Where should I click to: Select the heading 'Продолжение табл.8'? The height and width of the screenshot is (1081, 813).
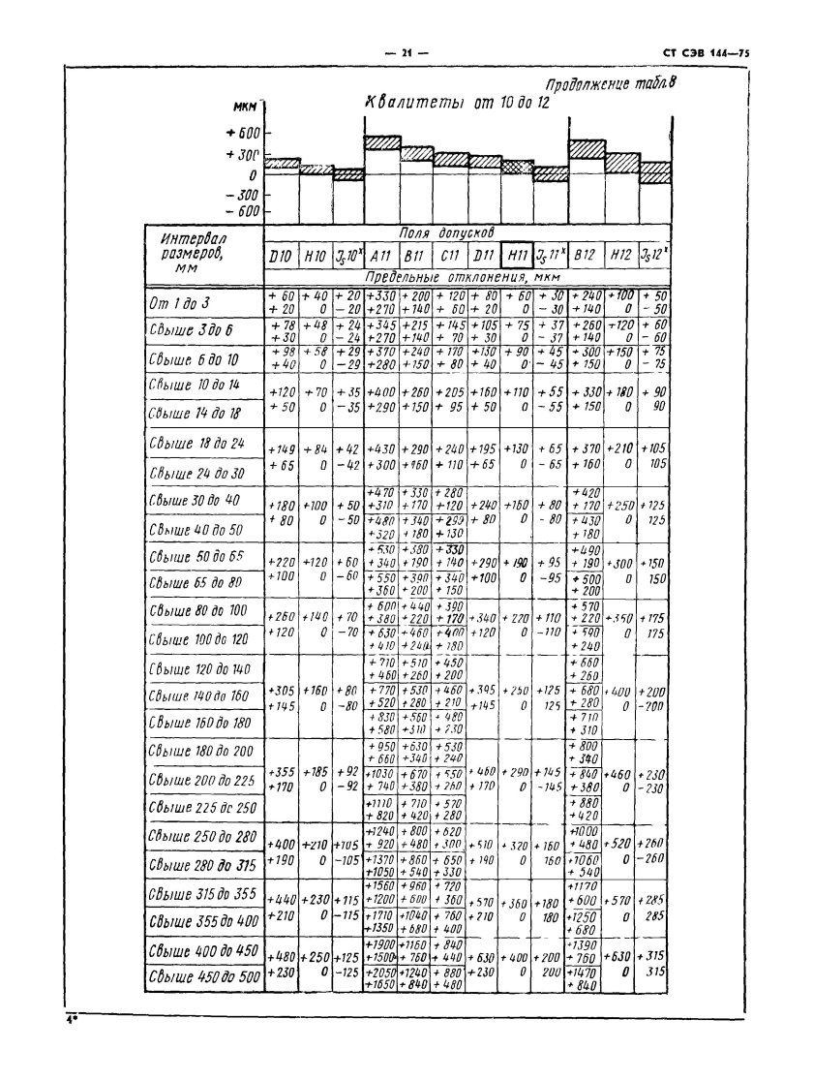coord(609,84)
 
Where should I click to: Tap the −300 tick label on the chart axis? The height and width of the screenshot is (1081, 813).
coord(243,195)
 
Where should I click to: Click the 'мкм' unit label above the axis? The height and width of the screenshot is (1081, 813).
coord(244,108)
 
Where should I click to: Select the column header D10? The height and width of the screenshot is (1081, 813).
coord(282,257)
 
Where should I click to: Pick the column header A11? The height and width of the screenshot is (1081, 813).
coord(381,257)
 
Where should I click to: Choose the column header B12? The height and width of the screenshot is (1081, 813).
coord(585,257)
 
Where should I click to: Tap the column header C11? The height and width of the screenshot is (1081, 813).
coord(449,257)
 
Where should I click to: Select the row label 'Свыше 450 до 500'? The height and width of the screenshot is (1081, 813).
coord(204,975)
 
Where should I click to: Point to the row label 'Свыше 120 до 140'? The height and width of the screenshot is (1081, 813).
coord(199,668)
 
